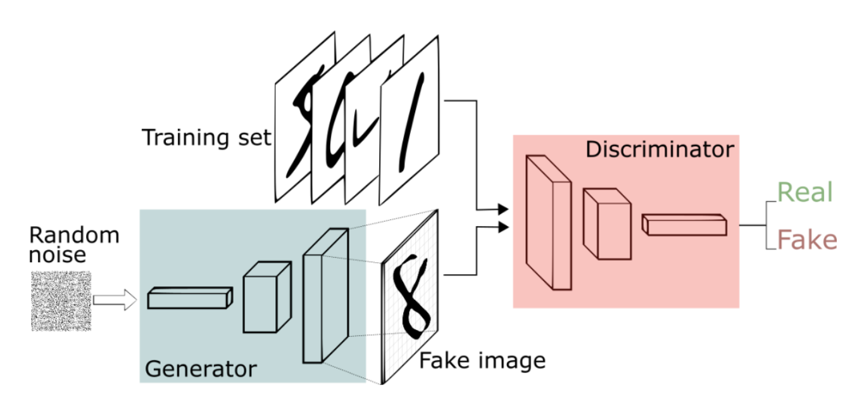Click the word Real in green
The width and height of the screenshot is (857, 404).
coord(804,192)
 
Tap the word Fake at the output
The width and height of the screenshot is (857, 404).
coord(806,241)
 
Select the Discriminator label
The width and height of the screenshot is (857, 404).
coord(660,149)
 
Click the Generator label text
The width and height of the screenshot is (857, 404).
coord(201,369)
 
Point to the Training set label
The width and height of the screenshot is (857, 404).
coord(206,137)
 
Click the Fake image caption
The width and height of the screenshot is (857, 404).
coord(482,361)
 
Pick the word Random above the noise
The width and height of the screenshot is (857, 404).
coord(74,236)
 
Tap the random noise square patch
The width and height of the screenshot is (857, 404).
coord(61,301)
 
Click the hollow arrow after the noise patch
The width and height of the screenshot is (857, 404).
coord(115,300)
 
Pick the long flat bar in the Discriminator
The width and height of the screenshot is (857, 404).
coord(684,224)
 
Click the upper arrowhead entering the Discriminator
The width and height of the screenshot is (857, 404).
coord(503,209)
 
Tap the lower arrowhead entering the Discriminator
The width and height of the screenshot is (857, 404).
coord(503,227)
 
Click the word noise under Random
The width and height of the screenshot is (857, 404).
coord(57,255)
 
